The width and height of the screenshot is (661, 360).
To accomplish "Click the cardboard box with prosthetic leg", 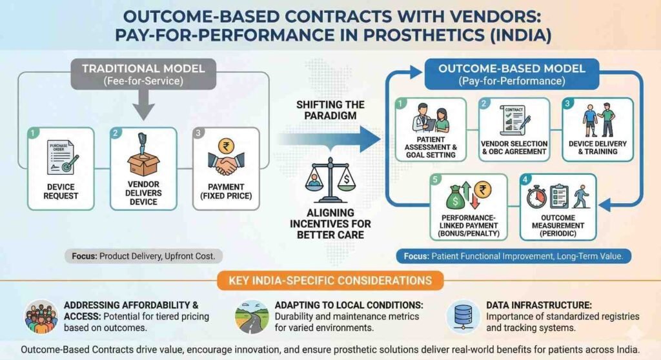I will pyautogui.click(x=143, y=153).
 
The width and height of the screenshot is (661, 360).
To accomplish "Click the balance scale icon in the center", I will pyautogui.click(x=332, y=178).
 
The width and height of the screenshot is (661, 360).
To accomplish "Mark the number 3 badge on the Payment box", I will pyautogui.click(x=198, y=133).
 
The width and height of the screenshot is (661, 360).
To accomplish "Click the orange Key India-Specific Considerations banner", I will pyautogui.click(x=330, y=281).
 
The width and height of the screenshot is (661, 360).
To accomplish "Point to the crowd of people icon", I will pyautogui.click(x=41, y=315).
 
